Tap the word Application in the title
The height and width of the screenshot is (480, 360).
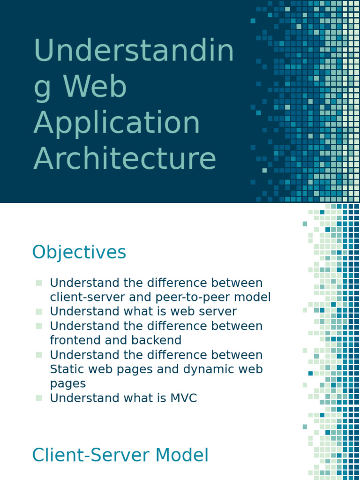(117, 122)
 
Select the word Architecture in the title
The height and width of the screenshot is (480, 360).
(125, 158)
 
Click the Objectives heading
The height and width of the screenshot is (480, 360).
(79, 253)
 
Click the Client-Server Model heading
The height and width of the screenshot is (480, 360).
(120, 456)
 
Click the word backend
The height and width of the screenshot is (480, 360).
(158, 340)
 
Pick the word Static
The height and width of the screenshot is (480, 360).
(67, 369)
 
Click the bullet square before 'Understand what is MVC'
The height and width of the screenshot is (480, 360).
(38, 398)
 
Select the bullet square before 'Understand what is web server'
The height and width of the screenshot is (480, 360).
(38, 311)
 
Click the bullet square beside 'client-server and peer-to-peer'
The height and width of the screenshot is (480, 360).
(38, 283)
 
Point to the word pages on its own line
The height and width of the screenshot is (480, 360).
(67, 383)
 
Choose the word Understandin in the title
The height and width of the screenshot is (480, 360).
(134, 51)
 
